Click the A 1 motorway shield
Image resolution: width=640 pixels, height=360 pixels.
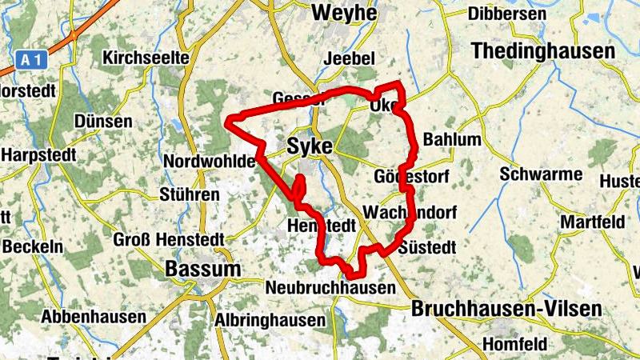pyautogui.click(x=31, y=59)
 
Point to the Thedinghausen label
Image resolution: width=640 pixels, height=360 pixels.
pyautogui.click(x=543, y=50)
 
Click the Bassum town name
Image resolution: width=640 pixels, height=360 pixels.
pyautogui.click(x=202, y=269)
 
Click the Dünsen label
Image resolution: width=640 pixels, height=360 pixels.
pyautogui.click(x=102, y=121)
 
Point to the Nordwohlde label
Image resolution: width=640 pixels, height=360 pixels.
pyautogui.click(x=209, y=162)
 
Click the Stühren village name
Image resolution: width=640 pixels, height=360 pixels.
pyautogui.click(x=190, y=194)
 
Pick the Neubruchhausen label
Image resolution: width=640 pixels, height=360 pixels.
pyautogui.click(x=330, y=287)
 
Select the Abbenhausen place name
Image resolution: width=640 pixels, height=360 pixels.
pyautogui.click(x=94, y=317)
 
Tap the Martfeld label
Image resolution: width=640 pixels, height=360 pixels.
pyautogui.click(x=591, y=222)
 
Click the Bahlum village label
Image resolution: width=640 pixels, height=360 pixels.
pyautogui.click(x=452, y=140)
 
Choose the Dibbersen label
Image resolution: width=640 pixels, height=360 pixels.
pyautogui.click(x=518, y=14)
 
